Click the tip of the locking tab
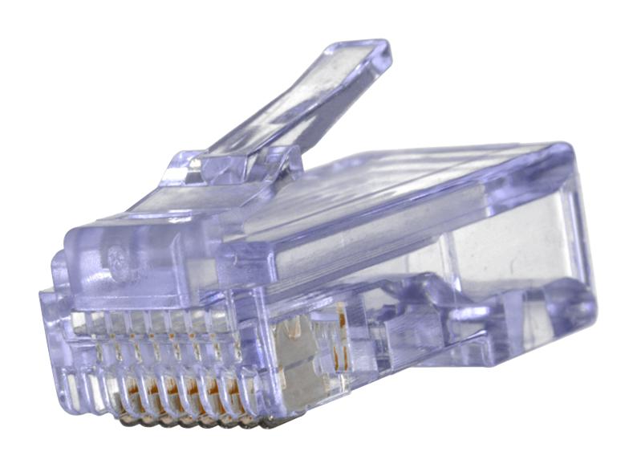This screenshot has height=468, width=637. pyautogui.click(x=371, y=50)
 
